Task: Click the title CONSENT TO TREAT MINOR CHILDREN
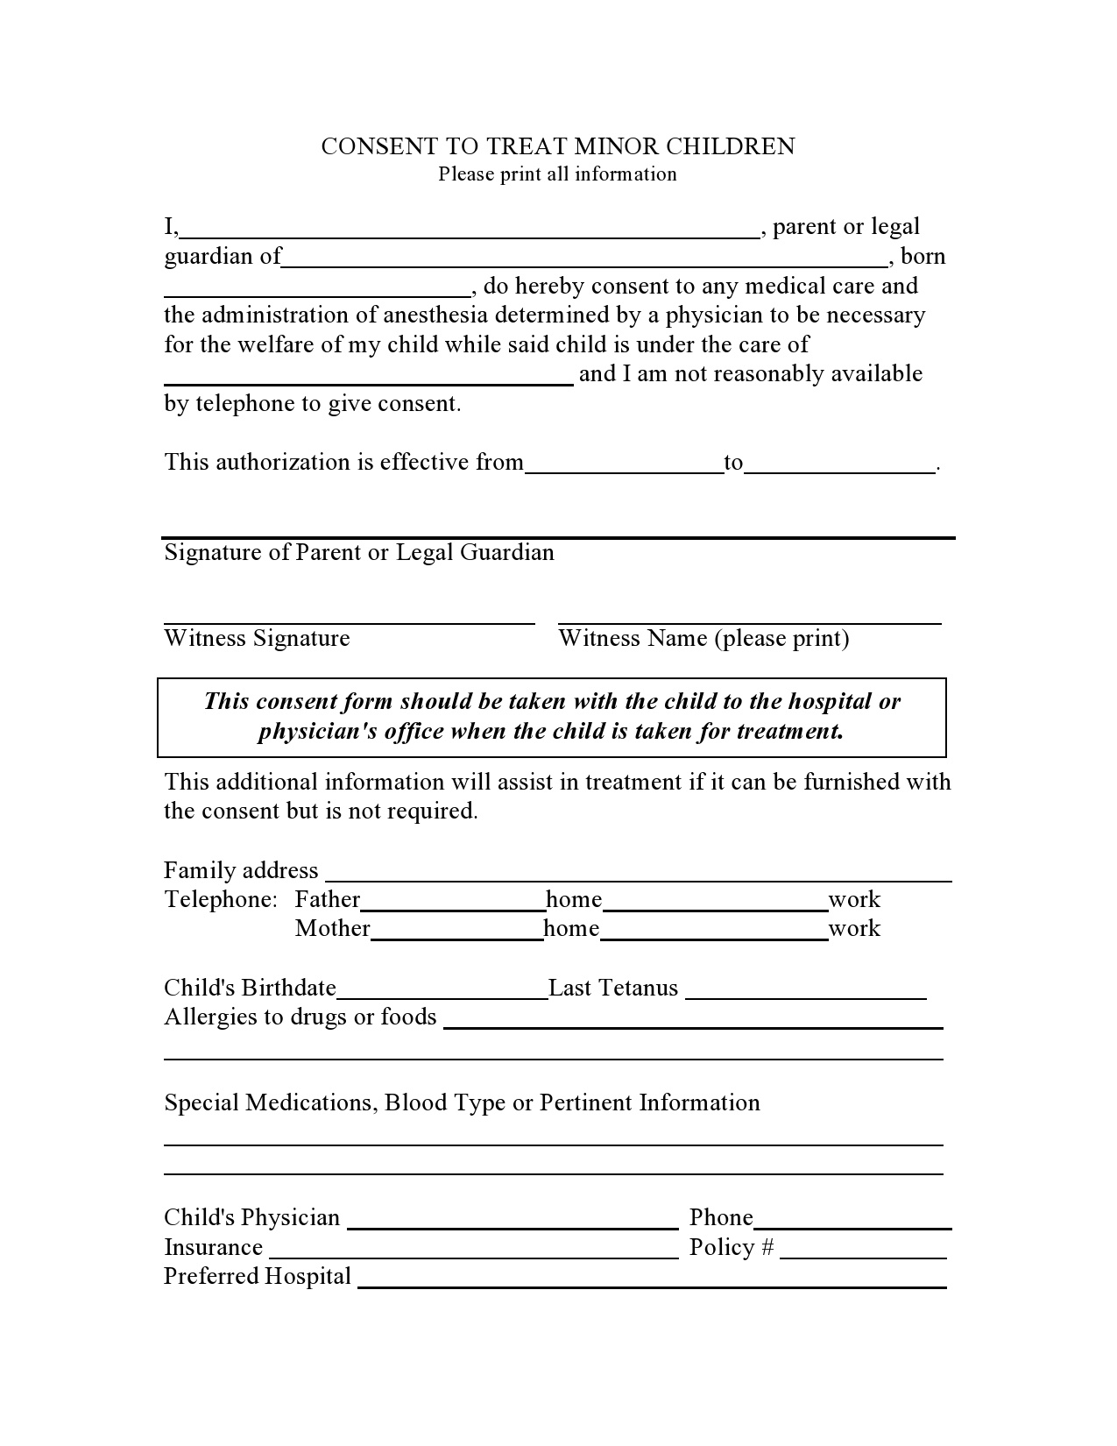557,146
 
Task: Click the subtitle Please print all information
557,174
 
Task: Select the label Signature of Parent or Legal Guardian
359,553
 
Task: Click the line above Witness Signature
349,619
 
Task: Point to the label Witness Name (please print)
703,639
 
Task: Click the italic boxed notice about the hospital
551,717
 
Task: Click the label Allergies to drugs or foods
300,1017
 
